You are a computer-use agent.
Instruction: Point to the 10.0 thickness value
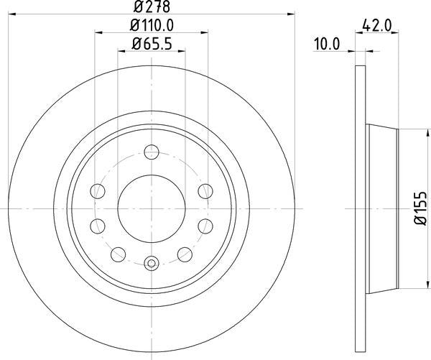pyautogui.click(x=326, y=44)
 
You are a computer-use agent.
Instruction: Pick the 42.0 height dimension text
pyautogui.click(x=376, y=25)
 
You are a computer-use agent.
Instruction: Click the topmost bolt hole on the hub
pyautogui.click(x=152, y=152)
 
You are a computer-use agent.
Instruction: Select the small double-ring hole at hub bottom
pyautogui.click(x=152, y=264)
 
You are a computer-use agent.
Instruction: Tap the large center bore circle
pyautogui.click(x=152, y=208)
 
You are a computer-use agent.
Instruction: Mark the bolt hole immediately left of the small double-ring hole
pyautogui.click(x=117, y=252)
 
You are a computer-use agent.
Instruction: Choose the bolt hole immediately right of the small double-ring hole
pyautogui.click(x=186, y=252)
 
